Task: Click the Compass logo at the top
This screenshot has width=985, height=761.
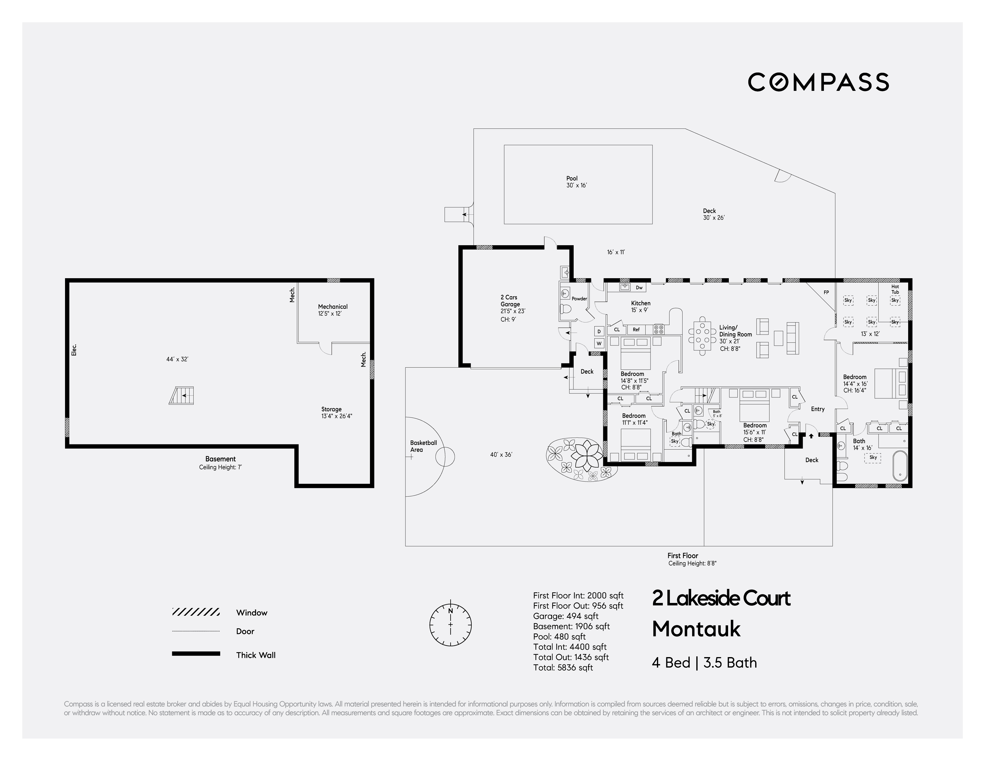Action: (818, 82)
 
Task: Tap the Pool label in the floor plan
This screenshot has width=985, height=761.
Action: (572, 178)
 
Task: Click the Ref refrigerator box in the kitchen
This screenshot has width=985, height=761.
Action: (636, 330)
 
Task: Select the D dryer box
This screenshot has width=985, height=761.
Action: (599, 331)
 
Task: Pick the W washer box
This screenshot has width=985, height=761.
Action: (599, 343)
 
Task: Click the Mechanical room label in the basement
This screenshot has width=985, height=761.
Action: (333, 307)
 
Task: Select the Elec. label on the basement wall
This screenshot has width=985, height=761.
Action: (74, 350)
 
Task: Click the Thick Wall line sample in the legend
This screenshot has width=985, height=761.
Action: (196, 654)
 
